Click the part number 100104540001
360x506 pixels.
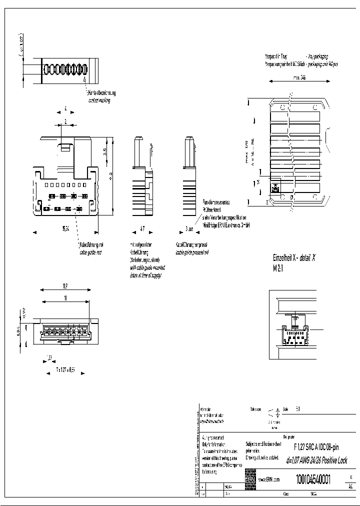point(313,478)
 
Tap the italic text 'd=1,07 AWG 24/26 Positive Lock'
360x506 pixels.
point(316,460)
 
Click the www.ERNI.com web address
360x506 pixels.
point(268,479)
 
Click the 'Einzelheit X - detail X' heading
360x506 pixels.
point(294,258)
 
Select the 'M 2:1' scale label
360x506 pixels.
point(278,268)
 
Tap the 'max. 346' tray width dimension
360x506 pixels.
point(299,78)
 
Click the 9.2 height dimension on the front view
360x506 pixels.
point(112,175)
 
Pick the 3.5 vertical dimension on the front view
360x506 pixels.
point(104,151)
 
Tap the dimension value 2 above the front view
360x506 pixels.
point(65,121)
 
